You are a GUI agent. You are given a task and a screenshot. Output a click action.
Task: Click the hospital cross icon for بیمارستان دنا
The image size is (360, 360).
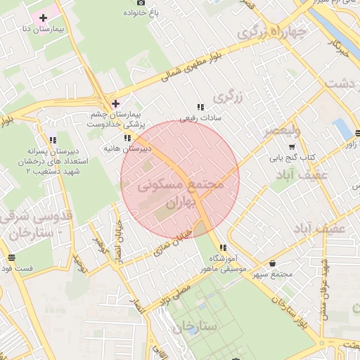(x=43, y=17)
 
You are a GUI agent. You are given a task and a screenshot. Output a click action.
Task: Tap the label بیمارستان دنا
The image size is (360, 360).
(x=40, y=30)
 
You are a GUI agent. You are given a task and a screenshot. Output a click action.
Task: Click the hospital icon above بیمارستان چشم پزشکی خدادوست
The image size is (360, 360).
(x=115, y=103)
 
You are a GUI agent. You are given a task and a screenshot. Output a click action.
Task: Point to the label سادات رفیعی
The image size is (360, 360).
(x=200, y=118)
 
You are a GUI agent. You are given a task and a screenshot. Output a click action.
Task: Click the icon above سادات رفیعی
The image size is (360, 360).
(x=200, y=108)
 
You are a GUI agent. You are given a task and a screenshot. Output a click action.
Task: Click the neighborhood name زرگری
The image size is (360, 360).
(x=230, y=96)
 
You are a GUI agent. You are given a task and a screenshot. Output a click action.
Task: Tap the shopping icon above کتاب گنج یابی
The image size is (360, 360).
(x=292, y=148)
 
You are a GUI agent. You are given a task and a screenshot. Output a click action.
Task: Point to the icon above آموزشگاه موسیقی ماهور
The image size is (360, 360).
(x=223, y=247)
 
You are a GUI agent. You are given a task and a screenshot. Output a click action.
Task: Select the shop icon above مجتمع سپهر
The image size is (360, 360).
(x=273, y=263)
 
